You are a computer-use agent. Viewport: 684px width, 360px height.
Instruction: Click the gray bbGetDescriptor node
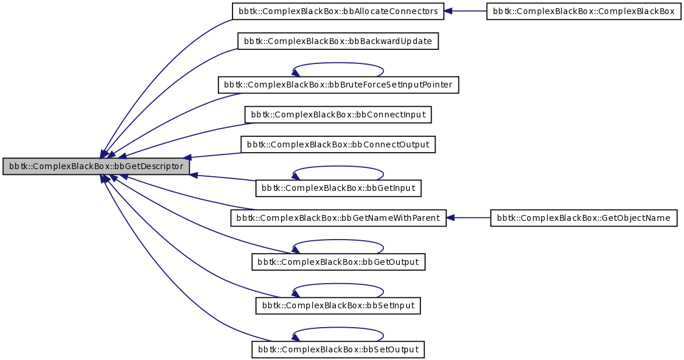(96, 166)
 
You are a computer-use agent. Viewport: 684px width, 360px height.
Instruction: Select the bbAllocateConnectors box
(338, 12)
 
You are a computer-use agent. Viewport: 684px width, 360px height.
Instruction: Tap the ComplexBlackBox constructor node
(584, 12)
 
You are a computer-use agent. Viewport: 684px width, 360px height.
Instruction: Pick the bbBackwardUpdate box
(338, 41)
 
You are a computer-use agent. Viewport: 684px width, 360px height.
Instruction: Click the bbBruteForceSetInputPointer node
(338, 85)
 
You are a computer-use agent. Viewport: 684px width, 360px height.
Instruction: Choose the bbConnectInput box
(338, 115)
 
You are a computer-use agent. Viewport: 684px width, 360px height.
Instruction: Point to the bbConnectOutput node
(338, 144)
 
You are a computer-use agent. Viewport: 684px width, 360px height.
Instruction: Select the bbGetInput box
(338, 188)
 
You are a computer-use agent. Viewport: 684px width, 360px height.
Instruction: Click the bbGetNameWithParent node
(338, 218)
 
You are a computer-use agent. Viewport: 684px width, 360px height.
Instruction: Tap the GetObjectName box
(584, 218)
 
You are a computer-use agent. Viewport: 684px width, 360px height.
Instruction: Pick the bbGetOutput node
(338, 262)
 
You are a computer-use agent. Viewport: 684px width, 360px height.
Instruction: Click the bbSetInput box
(338, 306)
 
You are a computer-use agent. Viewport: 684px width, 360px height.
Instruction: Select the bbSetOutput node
(338, 350)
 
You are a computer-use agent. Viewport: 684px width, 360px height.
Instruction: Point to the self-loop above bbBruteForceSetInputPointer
(338, 64)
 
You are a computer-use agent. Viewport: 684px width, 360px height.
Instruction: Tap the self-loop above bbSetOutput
(338, 329)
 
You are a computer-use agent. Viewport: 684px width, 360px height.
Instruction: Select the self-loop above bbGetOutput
(338, 241)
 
